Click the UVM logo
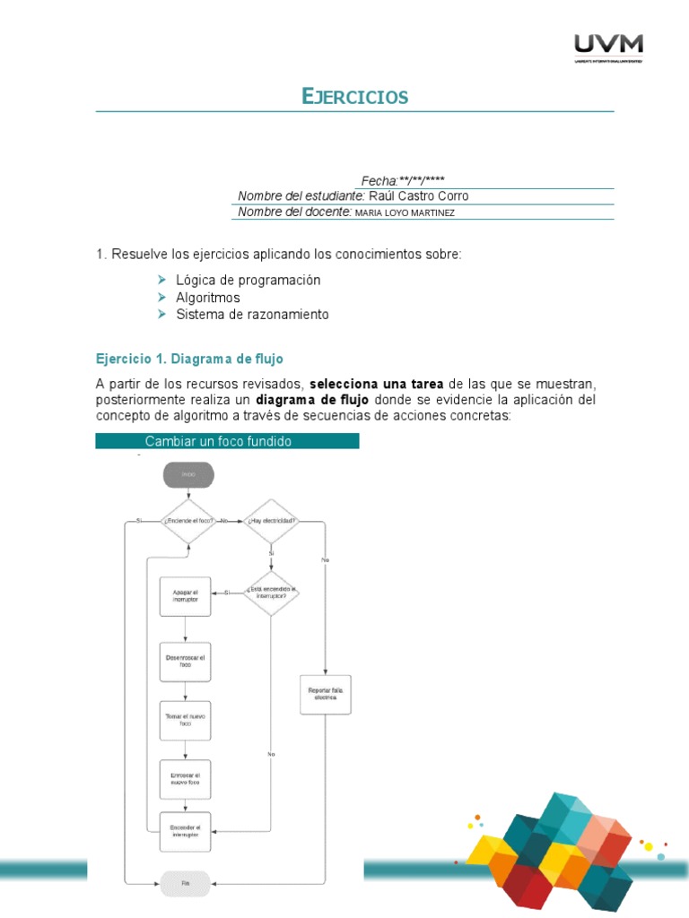(x=607, y=46)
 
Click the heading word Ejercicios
(x=355, y=97)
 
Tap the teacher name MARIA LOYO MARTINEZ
(x=406, y=212)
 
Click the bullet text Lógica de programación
(x=248, y=280)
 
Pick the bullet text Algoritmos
(x=208, y=298)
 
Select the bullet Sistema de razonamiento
(x=252, y=315)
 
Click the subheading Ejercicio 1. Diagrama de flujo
(x=189, y=359)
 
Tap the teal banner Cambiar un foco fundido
(x=227, y=441)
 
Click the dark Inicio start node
(x=188, y=475)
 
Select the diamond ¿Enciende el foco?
(x=188, y=521)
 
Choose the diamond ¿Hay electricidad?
(x=271, y=521)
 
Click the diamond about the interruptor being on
(x=271, y=593)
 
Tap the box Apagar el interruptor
(x=186, y=596)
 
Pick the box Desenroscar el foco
(x=186, y=663)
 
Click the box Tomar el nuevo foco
(x=186, y=720)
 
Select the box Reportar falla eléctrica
(x=326, y=694)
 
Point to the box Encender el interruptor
(x=186, y=831)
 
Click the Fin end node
(x=186, y=884)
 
